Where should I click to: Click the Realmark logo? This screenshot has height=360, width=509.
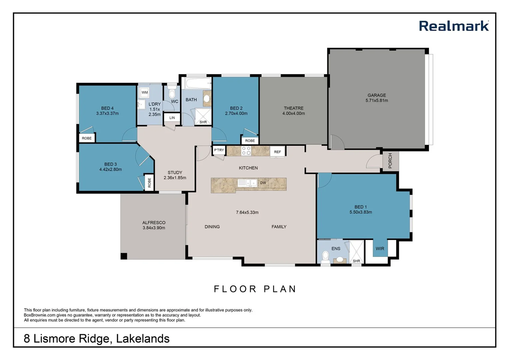coord(454,26)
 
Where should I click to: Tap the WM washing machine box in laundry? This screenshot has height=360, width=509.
coord(145,92)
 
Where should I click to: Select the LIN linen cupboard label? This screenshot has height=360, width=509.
coord(172,118)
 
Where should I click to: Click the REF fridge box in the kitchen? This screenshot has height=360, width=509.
coord(277,152)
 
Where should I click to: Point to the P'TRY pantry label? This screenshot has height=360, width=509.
coord(219,150)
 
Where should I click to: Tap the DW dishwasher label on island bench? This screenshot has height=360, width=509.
coord(263,183)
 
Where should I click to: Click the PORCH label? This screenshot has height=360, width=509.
coord(390,161)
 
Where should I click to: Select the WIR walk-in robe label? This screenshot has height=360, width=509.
coord(380,249)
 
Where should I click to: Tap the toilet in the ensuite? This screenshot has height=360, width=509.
coord(326,257)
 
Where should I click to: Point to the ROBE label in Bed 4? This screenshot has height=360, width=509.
coord(87,138)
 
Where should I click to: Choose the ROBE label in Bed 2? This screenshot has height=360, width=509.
coord(250,141)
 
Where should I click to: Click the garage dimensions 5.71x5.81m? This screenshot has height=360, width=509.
coord(377,100)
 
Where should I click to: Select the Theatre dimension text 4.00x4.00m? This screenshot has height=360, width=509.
coord(294,113)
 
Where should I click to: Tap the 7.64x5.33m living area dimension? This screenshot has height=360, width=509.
coord(247,212)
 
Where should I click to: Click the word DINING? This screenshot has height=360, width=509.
coord(212,227)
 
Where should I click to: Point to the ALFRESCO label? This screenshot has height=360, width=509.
coord(154,223)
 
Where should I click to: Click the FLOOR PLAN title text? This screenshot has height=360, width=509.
coord(255,289)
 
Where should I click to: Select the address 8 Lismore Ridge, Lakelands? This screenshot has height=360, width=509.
coord(97,339)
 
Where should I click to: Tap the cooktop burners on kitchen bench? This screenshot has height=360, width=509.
coord(246,151)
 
